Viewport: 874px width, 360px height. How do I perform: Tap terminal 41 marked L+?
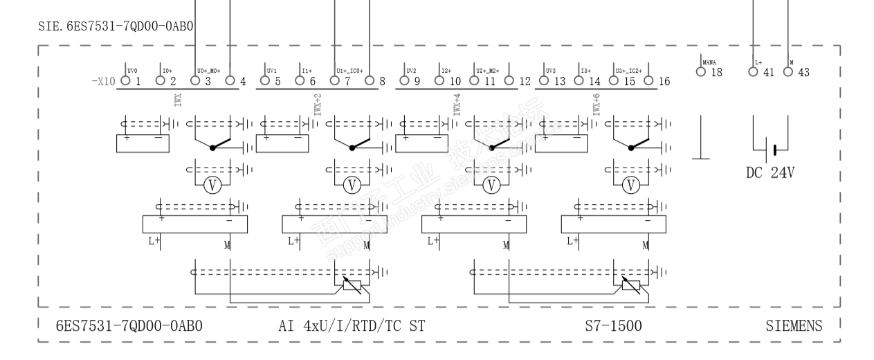(753, 72)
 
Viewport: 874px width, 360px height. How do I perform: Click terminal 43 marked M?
(790, 72)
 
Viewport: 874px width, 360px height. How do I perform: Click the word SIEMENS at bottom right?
(794, 325)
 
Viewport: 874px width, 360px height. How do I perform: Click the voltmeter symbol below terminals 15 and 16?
(630, 184)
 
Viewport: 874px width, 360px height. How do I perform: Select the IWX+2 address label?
(318, 105)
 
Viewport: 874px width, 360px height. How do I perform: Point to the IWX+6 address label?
(596, 105)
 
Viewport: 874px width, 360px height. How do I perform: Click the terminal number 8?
(382, 81)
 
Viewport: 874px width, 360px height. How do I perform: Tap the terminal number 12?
(524, 81)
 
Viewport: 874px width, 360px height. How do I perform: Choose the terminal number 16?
(664, 81)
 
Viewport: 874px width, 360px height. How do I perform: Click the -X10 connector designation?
(103, 81)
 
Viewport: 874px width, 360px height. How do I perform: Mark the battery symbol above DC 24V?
(774, 148)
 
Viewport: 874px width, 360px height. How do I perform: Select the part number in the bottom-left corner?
(129, 325)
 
